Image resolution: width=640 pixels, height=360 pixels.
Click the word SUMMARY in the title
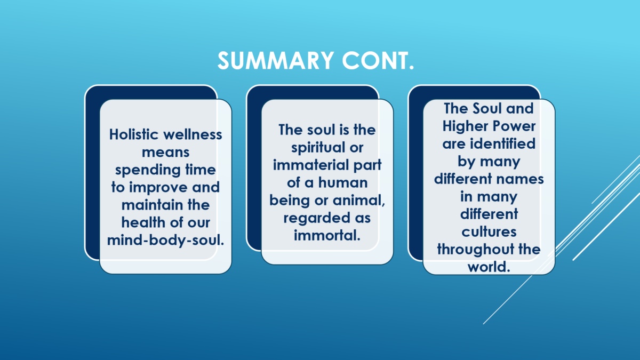[x=276, y=61]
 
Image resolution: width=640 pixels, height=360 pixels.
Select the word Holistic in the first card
[x=133, y=134]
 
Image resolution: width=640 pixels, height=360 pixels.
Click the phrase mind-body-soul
[x=165, y=241]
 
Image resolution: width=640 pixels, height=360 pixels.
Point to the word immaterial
[x=311, y=165]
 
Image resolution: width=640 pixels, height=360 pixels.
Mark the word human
[x=343, y=182]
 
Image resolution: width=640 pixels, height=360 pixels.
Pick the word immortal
[x=327, y=235]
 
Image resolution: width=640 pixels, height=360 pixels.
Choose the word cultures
[x=489, y=231]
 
